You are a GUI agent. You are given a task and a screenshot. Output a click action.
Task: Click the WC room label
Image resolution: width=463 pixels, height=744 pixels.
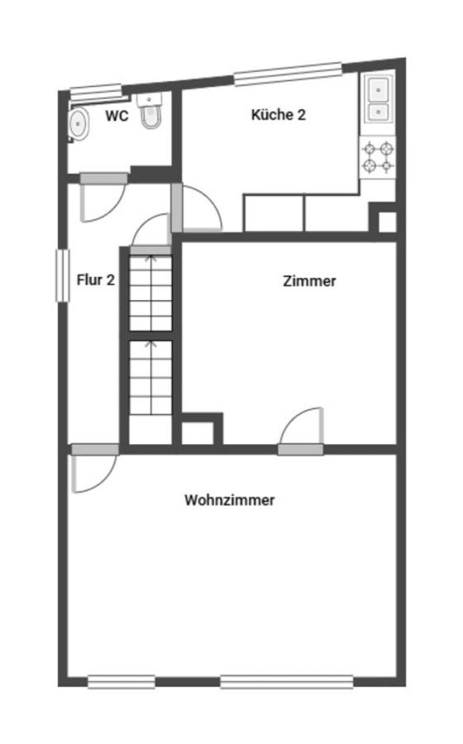[117, 117]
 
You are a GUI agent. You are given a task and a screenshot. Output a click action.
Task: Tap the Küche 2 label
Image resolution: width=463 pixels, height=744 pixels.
[278, 115]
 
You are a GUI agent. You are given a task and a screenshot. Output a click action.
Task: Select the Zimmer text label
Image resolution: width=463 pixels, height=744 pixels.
[309, 281]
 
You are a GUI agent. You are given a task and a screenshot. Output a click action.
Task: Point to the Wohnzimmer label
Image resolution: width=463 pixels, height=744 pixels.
[230, 500]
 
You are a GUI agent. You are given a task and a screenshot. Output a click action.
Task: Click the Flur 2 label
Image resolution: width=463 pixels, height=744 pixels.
[95, 280]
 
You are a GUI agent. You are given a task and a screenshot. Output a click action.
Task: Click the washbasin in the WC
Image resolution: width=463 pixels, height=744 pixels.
[79, 124]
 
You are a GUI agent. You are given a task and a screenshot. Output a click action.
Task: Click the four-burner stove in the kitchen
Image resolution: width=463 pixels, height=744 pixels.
[378, 157]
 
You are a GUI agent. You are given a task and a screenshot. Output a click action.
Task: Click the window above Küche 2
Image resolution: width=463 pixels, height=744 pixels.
[287, 74]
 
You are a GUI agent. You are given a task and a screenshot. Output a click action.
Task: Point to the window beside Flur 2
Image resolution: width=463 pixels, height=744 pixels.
[60, 275]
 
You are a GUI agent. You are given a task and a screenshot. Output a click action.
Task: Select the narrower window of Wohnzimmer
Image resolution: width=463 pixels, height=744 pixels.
[121, 682]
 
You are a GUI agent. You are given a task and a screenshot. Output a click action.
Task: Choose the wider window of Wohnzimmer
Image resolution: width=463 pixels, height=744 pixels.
[286, 682]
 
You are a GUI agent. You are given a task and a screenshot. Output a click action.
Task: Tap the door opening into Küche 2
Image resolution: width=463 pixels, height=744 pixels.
[199, 209]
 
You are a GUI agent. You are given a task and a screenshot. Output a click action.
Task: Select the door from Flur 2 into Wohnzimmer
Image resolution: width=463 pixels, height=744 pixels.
[93, 470]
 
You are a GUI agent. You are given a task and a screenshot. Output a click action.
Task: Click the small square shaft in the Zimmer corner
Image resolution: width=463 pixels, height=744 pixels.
[199, 431]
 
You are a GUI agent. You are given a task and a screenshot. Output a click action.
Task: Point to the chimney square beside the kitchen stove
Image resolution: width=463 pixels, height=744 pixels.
[386, 221]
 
